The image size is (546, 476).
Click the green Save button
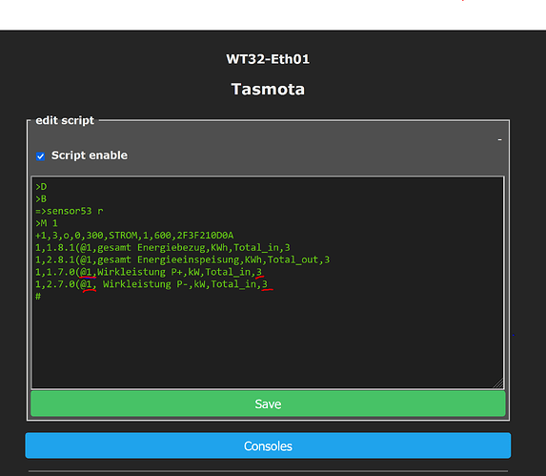pos(268,404)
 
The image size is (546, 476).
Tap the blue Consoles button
pos(268,445)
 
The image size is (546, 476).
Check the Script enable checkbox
pos(40,156)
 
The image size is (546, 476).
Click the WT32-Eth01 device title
pos(268,59)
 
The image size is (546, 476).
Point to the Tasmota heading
pos(268,90)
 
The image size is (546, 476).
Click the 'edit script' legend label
pos(65,120)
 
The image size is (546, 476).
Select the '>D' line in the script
pos(41,187)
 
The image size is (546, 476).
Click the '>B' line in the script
pos(41,199)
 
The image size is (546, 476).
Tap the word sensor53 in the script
pos(70,211)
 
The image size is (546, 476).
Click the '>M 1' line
pos(47,223)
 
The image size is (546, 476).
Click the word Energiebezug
pos(171,248)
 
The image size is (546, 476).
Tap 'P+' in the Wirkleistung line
pos(176,272)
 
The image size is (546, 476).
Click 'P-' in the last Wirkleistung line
pos(182,284)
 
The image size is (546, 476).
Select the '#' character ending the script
pos(38,297)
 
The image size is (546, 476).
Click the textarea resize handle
pos(498,383)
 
